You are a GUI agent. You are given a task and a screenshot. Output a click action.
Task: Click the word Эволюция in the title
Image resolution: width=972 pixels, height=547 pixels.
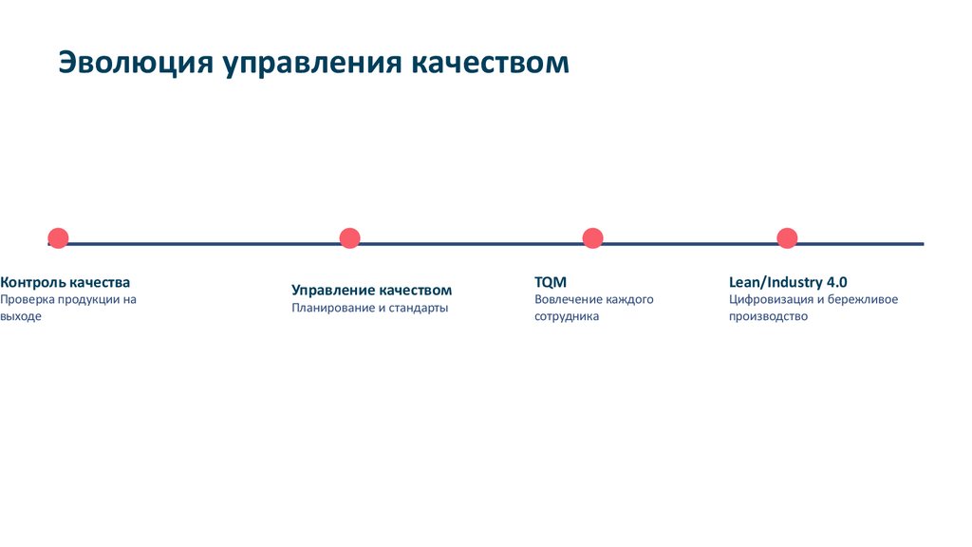[x=134, y=62]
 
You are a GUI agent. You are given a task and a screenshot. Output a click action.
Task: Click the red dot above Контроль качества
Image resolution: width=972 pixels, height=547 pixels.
[x=58, y=238]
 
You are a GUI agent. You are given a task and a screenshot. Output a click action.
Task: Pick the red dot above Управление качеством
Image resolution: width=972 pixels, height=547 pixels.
[x=349, y=238]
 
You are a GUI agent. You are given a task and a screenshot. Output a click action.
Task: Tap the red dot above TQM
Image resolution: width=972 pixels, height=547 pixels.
[x=592, y=238]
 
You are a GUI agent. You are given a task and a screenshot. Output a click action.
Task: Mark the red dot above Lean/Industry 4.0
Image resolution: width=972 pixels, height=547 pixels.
[x=787, y=238]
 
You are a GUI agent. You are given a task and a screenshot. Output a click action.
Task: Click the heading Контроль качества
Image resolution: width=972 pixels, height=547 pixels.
[x=65, y=282]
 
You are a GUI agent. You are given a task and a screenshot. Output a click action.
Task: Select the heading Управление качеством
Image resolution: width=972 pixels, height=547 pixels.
[x=371, y=290]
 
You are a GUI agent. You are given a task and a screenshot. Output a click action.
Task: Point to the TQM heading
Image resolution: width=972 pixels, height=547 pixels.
[x=550, y=282]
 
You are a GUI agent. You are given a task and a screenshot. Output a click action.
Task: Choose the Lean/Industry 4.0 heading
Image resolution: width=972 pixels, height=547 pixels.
[x=787, y=282]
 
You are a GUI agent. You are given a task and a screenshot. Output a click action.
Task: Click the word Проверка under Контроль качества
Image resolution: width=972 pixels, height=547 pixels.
[x=27, y=300]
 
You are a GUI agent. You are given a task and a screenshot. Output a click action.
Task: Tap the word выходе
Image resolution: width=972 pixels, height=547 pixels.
[x=21, y=317]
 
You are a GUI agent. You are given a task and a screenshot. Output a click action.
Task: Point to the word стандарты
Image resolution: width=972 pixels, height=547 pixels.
[x=418, y=309]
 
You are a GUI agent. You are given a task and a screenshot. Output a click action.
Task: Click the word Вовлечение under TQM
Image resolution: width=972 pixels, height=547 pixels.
[x=567, y=300]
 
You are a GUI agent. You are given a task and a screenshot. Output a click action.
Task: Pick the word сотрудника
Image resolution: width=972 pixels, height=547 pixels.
[x=567, y=317]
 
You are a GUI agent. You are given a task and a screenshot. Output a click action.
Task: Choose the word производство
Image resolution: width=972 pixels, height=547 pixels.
[x=768, y=317]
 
